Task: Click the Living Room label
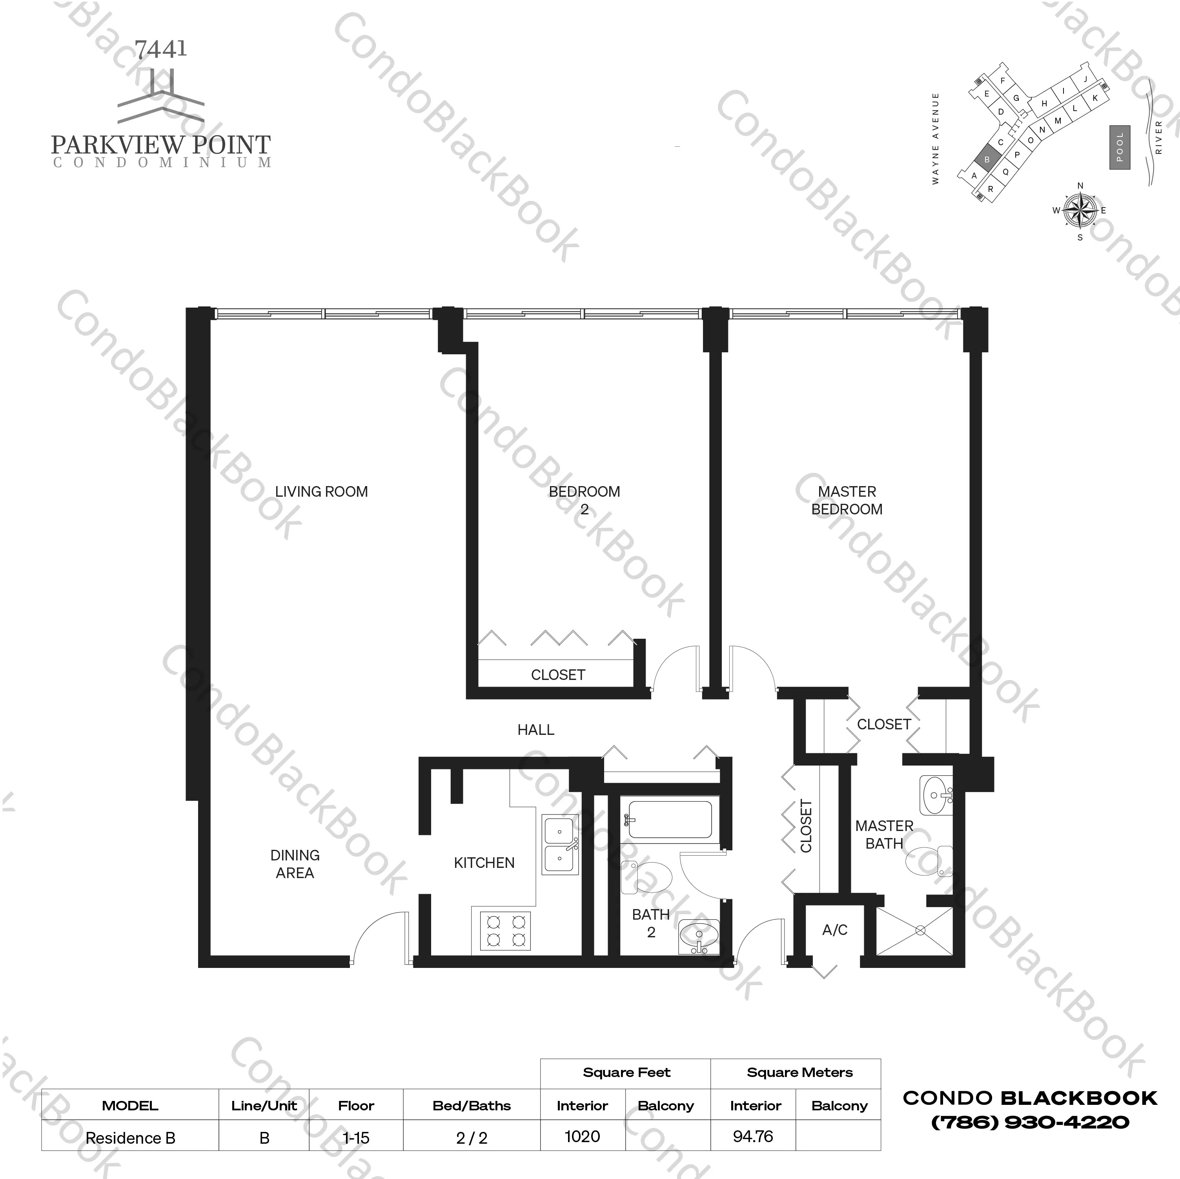pos(321,492)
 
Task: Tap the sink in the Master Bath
pos(935,795)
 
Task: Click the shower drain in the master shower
pos(920,930)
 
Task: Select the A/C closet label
pos(834,930)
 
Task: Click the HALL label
pos(535,729)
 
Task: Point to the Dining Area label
pos(295,864)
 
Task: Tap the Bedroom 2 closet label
pos(557,674)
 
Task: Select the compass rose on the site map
pos(1080,211)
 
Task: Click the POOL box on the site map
pos(1120,147)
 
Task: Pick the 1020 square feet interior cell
pos(582,1136)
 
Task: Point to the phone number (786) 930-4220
pos(1030,1122)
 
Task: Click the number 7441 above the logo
pos(160,49)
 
